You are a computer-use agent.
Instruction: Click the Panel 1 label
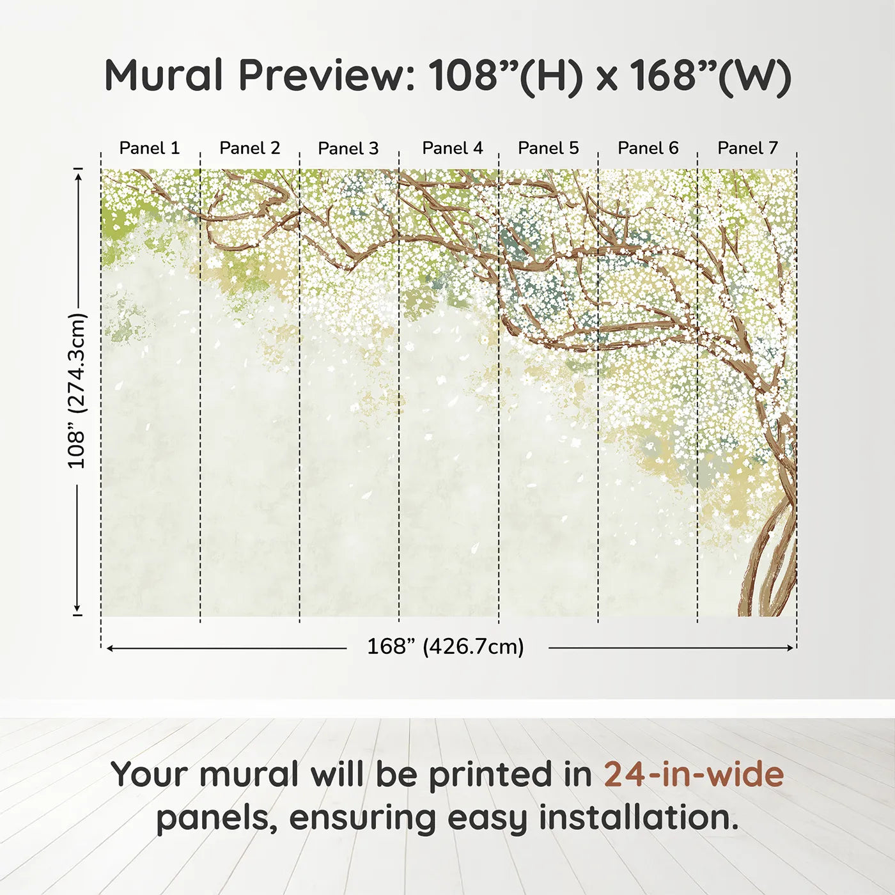[149, 148]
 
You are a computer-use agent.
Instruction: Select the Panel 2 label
[249, 148]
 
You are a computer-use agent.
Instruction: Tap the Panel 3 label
[348, 148]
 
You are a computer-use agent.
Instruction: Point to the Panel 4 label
[453, 148]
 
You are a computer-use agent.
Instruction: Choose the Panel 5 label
[548, 148]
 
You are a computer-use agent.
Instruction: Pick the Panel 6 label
[648, 148]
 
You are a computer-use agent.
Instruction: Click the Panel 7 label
[747, 148]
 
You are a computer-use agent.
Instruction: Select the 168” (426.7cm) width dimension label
[446, 646]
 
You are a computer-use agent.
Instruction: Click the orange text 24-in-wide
[694, 774]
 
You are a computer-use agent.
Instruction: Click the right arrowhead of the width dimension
[791, 648]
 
